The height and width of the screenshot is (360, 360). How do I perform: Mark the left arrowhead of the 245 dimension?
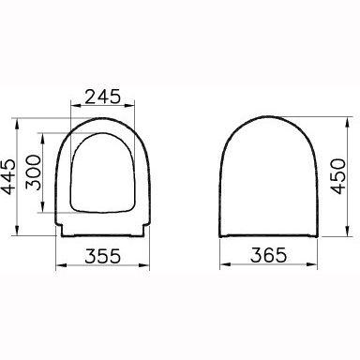click(x=74, y=107)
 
